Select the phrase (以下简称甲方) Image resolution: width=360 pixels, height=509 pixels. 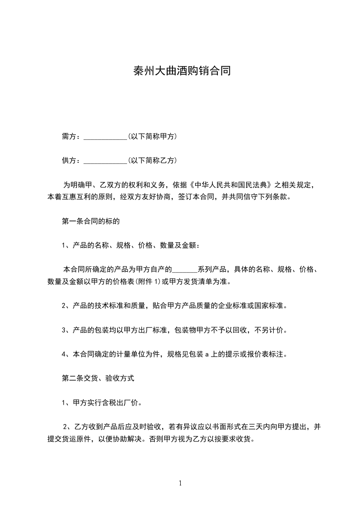click(152, 137)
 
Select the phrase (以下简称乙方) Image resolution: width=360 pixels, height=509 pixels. click(152, 161)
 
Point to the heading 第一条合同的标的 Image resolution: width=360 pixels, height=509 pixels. click(90, 222)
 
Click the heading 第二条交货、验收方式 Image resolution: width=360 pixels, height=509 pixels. click(98, 378)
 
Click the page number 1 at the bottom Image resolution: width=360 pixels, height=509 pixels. click(180, 483)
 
